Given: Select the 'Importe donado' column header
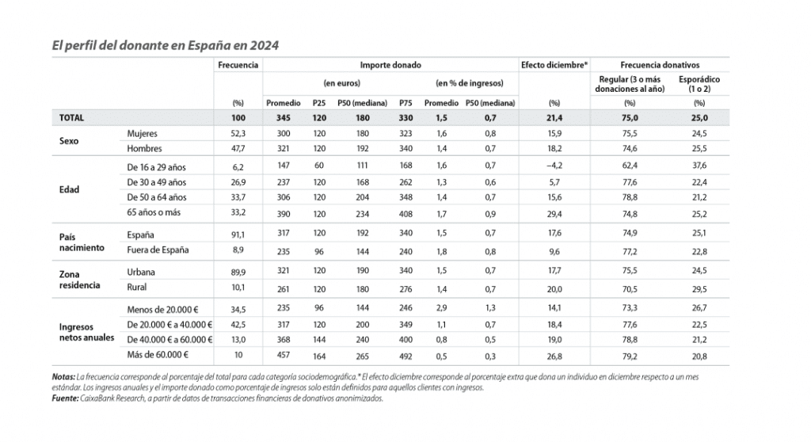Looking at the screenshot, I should click(x=390, y=64).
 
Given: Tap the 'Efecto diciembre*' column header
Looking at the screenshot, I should click(x=554, y=64).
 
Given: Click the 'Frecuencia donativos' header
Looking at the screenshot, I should click(x=664, y=64).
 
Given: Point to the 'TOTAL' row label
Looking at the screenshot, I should click(x=71, y=117).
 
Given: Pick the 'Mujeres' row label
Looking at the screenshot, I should click(x=143, y=134).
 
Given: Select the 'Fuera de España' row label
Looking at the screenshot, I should click(x=158, y=250).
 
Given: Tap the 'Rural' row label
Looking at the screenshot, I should click(x=137, y=287).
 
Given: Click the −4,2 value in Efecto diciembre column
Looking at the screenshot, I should click(x=554, y=167).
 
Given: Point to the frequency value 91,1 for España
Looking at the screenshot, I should click(x=238, y=235).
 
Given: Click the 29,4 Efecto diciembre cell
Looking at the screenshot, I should click(x=554, y=213).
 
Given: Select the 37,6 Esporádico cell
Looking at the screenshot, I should click(x=699, y=167).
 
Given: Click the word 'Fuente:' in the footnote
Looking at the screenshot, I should click(x=63, y=398).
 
